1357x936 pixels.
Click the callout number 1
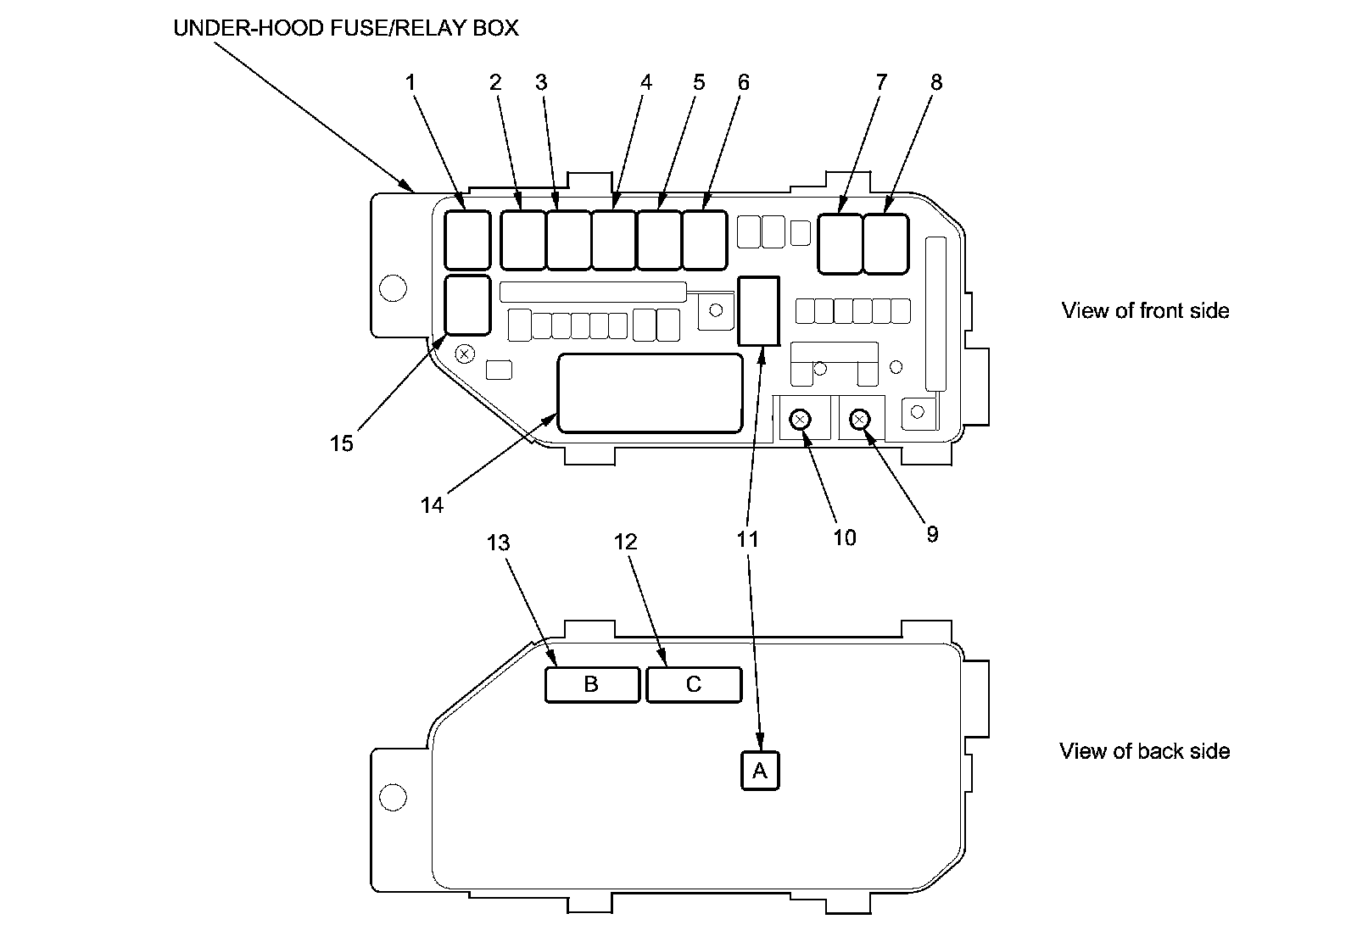410,82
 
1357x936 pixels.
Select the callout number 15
341,443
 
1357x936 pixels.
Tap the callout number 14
432,504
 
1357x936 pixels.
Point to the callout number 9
932,534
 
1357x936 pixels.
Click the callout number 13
498,542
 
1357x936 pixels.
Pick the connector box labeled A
760,771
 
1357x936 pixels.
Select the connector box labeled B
592,684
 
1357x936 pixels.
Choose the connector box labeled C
694,684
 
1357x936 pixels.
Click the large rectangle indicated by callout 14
650,393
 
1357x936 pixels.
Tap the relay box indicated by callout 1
467,240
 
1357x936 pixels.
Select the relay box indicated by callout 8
886,244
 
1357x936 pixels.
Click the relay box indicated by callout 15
467,305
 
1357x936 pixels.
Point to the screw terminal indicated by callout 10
800,419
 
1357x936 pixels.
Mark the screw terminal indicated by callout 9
860,419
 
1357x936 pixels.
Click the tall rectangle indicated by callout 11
759,311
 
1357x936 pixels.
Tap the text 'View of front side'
1145,311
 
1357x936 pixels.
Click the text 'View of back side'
1144,751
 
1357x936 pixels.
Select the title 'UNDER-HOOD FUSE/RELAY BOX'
346,28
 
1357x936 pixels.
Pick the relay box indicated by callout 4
613,240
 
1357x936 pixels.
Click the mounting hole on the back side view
394,797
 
